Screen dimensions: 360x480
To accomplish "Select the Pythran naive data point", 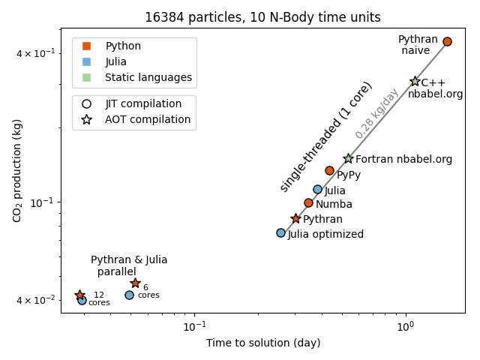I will click(x=447, y=41).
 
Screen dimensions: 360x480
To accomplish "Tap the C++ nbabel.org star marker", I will click(x=415, y=81).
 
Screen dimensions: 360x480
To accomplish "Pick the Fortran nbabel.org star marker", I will click(x=348, y=158).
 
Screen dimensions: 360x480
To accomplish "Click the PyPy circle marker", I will click(x=329, y=170).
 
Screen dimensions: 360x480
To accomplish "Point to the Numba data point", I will click(x=308, y=202).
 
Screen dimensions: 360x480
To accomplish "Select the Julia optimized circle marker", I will click(x=280, y=232).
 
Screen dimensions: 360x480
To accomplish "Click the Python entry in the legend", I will click(x=123, y=46).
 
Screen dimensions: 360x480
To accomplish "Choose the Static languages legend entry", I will click(x=148, y=77).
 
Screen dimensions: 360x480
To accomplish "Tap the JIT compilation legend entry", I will click(x=142, y=103).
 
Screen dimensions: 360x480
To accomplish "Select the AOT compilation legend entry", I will click(x=147, y=119).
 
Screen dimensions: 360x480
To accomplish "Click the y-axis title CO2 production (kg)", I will click(x=17, y=170).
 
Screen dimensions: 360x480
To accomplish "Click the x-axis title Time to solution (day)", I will click(x=263, y=343).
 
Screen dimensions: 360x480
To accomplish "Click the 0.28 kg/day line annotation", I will click(x=376, y=113).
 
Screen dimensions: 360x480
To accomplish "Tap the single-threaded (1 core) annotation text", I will click(x=326, y=136).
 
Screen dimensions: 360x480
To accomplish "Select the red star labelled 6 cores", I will click(x=135, y=283).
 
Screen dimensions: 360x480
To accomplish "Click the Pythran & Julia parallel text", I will click(x=129, y=265).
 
